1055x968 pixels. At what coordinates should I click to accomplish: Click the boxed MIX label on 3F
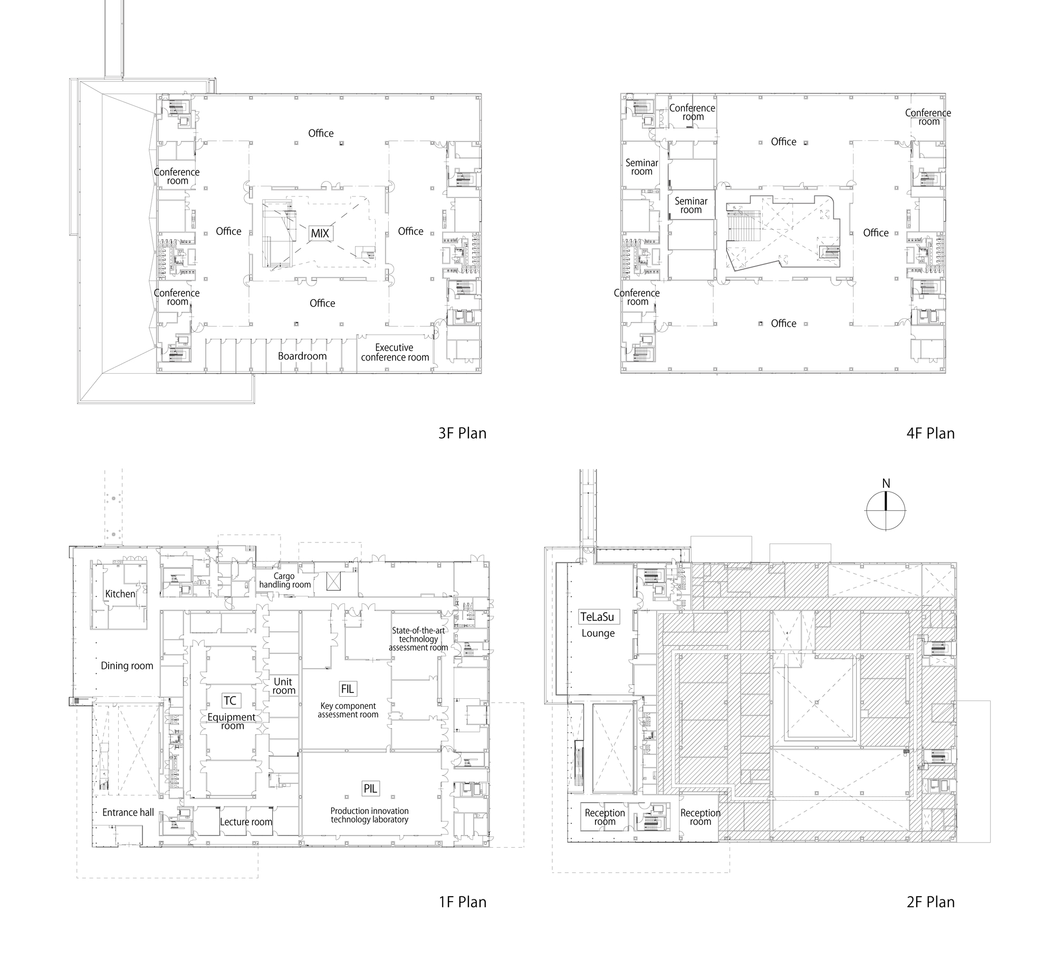(x=320, y=233)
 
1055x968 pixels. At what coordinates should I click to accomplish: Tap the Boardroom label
(x=302, y=356)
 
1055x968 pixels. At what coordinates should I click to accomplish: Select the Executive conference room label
(x=395, y=353)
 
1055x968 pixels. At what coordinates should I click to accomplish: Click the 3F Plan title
(x=462, y=433)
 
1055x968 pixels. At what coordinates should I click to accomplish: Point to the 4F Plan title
(x=931, y=433)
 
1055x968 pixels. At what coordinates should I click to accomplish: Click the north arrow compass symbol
(x=886, y=510)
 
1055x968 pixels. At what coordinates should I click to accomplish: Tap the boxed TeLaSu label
(x=597, y=616)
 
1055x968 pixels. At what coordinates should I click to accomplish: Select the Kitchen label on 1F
(x=120, y=594)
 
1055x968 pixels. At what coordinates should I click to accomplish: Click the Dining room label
(x=127, y=666)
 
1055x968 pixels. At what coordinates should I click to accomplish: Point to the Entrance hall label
(x=128, y=812)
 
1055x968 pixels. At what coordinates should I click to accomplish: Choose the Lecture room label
(x=246, y=822)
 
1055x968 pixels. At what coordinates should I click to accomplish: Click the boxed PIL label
(x=370, y=789)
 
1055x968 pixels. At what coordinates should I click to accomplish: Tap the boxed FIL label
(x=347, y=689)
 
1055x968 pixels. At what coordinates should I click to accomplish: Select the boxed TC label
(x=230, y=700)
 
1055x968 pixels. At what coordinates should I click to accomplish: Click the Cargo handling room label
(x=285, y=581)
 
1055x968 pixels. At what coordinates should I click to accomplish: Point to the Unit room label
(x=283, y=686)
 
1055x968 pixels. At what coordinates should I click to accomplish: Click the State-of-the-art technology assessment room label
(x=418, y=639)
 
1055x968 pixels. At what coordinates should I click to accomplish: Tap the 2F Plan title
(x=931, y=902)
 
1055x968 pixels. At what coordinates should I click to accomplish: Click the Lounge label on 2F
(x=598, y=633)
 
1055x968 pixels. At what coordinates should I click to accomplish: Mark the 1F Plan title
(x=462, y=902)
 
